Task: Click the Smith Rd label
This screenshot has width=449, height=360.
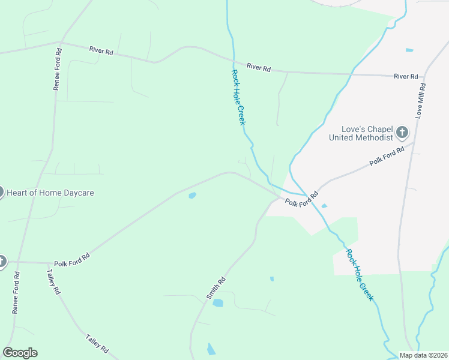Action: pos(216,288)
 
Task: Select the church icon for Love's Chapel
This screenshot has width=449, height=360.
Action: pos(402,132)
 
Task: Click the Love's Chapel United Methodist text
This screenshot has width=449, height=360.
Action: pos(361,133)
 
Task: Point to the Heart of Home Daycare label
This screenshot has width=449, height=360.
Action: pos(50,193)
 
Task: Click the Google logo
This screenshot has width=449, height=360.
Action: pos(20,353)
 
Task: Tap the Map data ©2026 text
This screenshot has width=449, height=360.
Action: pos(422,355)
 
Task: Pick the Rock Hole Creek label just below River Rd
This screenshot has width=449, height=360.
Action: pos(238,97)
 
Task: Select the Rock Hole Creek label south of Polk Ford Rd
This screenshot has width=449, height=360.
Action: pos(360,275)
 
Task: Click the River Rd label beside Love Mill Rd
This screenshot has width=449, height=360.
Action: pos(406,76)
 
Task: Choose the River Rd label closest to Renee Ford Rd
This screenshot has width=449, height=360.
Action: pos(101,52)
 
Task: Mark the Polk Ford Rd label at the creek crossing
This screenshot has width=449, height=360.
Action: pos(301,198)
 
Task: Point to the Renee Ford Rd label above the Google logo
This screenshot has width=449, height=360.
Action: pos(16,292)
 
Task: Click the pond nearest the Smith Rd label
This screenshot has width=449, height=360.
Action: pos(218,303)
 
